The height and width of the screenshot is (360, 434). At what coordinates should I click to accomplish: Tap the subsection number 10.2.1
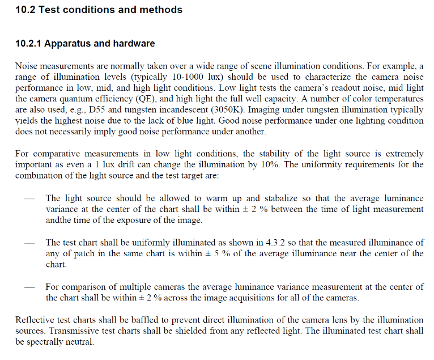[28, 44]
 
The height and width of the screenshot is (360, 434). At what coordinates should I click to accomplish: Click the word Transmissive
[78, 331]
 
